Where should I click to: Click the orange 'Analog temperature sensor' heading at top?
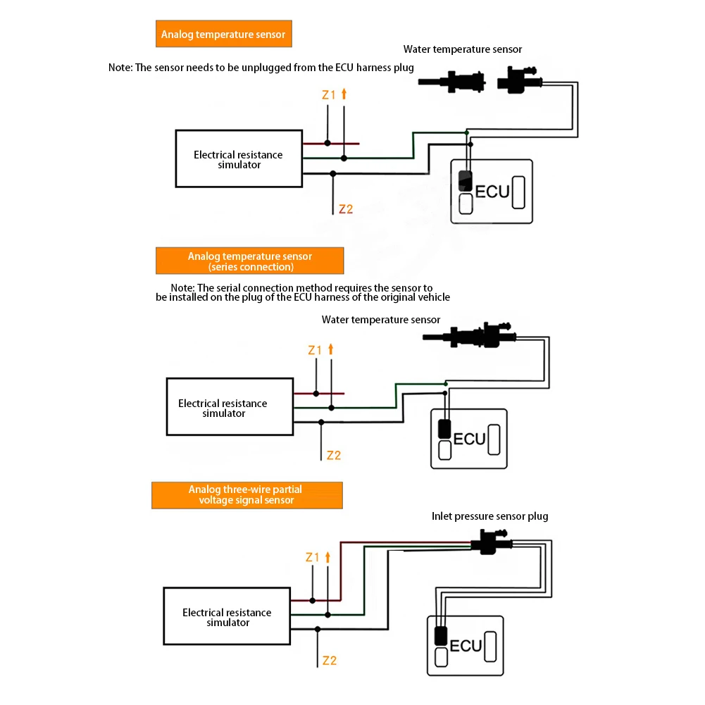[x=223, y=35]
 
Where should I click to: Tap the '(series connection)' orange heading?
[x=251, y=267]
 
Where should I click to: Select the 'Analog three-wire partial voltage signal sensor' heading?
[x=247, y=495]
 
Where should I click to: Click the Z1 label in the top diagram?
[x=329, y=95]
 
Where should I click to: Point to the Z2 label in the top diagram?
[x=346, y=209]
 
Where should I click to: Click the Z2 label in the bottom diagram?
[x=330, y=661]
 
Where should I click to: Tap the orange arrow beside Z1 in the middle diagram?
[x=331, y=349]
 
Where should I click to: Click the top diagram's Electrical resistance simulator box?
[x=239, y=158]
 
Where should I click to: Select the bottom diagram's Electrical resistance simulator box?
[x=227, y=616]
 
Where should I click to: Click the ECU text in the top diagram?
[x=492, y=192]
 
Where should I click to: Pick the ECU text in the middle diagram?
[x=469, y=439]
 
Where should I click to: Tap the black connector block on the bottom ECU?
[x=441, y=636]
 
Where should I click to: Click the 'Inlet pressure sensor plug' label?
[x=489, y=516]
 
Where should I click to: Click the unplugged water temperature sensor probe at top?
[x=451, y=82]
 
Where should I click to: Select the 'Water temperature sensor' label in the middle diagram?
[x=381, y=320]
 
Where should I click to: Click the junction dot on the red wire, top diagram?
[x=327, y=143]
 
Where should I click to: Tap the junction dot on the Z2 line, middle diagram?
[x=321, y=422]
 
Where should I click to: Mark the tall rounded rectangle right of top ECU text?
[x=518, y=192]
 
